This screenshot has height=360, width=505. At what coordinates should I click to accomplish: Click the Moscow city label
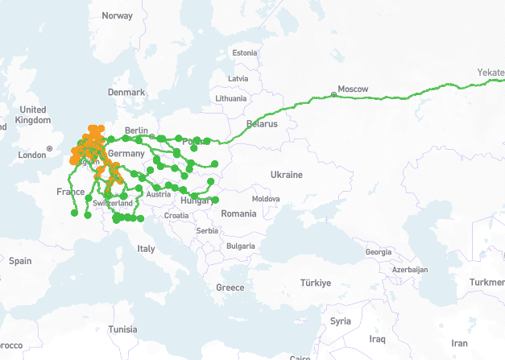353,88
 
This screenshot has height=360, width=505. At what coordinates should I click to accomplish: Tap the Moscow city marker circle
334,95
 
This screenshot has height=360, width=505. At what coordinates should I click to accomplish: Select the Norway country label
118,15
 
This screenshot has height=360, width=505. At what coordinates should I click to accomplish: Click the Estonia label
244,53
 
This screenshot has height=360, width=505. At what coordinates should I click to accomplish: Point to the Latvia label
238,78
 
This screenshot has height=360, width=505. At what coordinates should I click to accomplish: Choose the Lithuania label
230,98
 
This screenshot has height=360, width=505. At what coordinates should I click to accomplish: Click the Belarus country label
262,124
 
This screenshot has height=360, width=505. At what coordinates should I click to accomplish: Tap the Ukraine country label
286,175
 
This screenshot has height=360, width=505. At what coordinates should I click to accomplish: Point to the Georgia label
379,252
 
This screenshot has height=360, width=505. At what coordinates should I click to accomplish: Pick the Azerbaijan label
411,270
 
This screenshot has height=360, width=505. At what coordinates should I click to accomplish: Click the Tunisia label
123,329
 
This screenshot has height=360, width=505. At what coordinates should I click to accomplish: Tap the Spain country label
20,261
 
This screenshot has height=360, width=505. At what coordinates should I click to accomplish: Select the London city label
32,155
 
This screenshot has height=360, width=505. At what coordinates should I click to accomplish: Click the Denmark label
126,93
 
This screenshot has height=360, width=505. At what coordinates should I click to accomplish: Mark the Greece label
230,288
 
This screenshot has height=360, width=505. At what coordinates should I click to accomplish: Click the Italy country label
146,249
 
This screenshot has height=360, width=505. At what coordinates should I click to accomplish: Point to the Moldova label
266,198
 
